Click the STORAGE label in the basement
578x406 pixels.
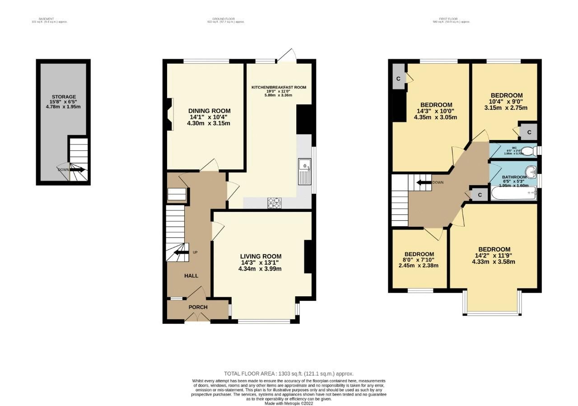pyautogui.click(x=63, y=96)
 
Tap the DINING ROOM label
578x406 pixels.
pyautogui.click(x=209, y=111)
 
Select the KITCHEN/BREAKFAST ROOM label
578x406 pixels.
pyautogui.click(x=279, y=87)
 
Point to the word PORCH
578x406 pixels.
pyautogui.click(x=198, y=307)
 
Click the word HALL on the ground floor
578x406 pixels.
pyautogui.click(x=191, y=275)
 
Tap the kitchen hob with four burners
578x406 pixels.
pyautogui.click(x=275, y=204)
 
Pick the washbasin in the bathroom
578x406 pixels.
pyautogui.click(x=532, y=171)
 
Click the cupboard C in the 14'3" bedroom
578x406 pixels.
pyautogui.click(x=398, y=79)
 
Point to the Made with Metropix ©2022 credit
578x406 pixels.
pyautogui.click(x=289, y=403)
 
